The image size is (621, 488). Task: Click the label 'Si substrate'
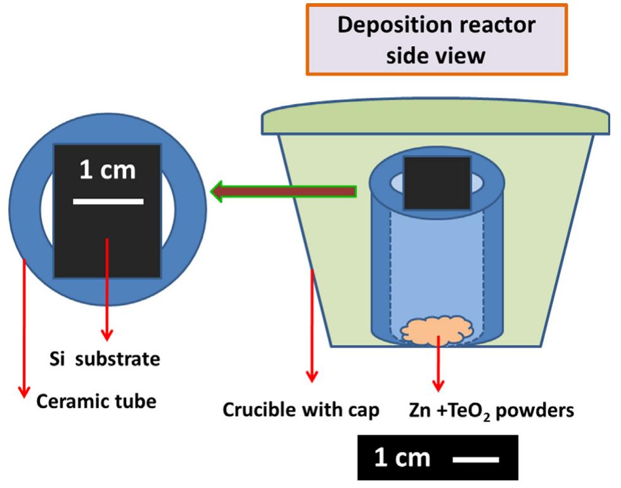click(105, 359)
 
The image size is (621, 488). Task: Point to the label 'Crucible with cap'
click(301, 410)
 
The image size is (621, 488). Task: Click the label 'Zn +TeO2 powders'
click(491, 411)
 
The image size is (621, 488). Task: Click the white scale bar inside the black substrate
click(108, 202)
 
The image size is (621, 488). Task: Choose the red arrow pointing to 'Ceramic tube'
click(24, 330)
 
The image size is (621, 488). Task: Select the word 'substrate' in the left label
click(121, 359)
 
